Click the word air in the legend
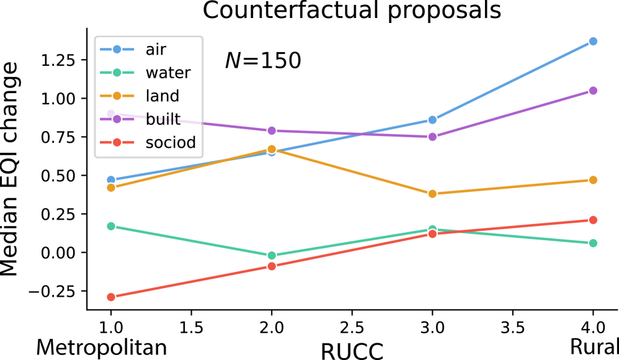point(156,50)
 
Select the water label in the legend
point(167,73)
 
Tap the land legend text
point(162,96)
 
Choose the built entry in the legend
point(163,119)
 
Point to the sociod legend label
point(171,143)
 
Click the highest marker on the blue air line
point(593,42)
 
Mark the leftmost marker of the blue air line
point(111,180)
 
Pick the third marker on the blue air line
point(432,120)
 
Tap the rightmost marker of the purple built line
point(593,91)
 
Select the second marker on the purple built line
point(272,130)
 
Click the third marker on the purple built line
point(432,137)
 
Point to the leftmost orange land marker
point(111,187)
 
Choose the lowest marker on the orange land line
point(432,194)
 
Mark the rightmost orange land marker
point(593,180)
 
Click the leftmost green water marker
point(111,226)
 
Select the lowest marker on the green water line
point(272,255)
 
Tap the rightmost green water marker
point(593,243)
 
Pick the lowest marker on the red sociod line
point(111,297)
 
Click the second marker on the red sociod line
point(272,266)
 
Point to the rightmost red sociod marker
point(593,220)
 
